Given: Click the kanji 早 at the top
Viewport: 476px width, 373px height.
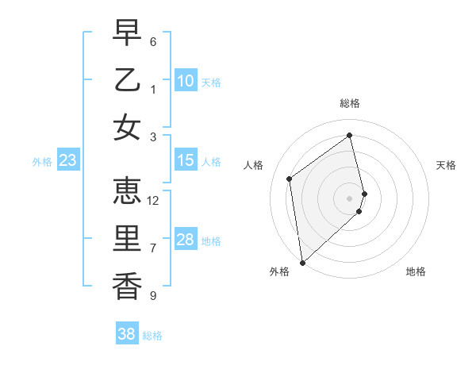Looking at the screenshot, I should click(x=126, y=33).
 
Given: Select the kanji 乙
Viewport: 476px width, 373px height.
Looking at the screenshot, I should click(x=126, y=80).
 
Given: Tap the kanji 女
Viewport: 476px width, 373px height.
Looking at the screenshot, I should click(x=126, y=126).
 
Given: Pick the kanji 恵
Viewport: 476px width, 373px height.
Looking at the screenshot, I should click(x=126, y=191).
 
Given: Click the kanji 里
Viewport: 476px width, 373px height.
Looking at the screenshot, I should click(x=126, y=238).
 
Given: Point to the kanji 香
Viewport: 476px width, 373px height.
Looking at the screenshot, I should click(x=126, y=285).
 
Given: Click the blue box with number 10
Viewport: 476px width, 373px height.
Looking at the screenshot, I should click(x=186, y=81).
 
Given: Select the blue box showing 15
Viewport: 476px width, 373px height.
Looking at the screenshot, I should click(x=186, y=161).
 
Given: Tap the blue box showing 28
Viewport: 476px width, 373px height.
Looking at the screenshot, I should click(x=186, y=240).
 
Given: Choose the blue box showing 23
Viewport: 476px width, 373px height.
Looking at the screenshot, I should click(x=68, y=161).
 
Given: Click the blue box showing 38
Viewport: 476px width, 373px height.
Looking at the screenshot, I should click(x=127, y=335).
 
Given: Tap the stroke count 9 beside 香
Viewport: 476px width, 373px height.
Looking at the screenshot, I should click(x=153, y=295).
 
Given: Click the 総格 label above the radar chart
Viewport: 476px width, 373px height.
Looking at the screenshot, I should click(x=350, y=103).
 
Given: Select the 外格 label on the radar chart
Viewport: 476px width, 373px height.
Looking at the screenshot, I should click(x=278, y=271).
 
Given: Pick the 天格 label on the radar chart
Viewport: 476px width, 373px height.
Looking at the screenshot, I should click(x=446, y=165).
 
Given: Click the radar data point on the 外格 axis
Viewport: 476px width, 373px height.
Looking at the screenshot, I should click(x=302, y=262).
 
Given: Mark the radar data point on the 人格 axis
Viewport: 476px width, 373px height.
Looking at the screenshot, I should click(x=290, y=179).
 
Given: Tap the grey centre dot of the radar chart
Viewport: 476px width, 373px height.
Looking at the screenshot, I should click(x=350, y=198).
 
